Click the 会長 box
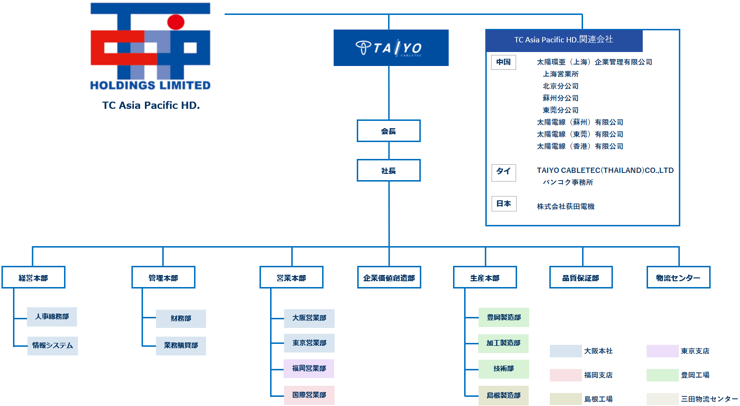coord(389,131)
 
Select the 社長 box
coord(389,170)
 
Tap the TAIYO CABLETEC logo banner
coord(391,48)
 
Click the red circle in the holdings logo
coord(176,22)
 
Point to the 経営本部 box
coord(33,277)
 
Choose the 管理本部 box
coord(163,277)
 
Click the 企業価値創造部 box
coord(389,277)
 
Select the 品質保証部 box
coord(581,277)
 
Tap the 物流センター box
coord(678,277)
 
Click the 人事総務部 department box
coord(52,317)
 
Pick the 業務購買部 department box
coord(181,346)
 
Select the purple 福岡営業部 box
coord(309,368)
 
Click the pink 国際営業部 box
coord(309,395)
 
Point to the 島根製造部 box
coord(504,395)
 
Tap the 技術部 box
coord(504,369)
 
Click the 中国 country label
coord(504,62)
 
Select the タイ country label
coord(504,172)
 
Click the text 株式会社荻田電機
coord(566,207)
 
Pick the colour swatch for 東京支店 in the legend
coord(662,351)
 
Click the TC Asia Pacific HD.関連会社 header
coord(564,40)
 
